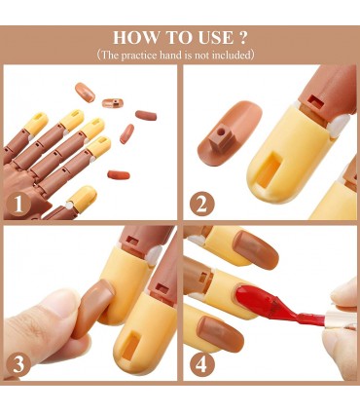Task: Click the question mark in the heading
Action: [243, 38]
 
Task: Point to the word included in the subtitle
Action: [231, 55]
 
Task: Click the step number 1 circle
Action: [18, 205]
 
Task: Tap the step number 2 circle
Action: [201, 204]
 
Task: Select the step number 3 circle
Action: [18, 364]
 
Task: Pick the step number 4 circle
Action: [201, 364]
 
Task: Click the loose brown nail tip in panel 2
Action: [229, 131]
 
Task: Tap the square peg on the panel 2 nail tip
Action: [221, 139]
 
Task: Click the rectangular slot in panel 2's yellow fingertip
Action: [269, 171]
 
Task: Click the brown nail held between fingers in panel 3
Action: [93, 309]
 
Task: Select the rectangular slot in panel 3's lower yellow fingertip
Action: [131, 346]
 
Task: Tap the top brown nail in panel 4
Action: [256, 250]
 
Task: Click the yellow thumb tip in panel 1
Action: [82, 199]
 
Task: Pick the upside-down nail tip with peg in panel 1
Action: [113, 103]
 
